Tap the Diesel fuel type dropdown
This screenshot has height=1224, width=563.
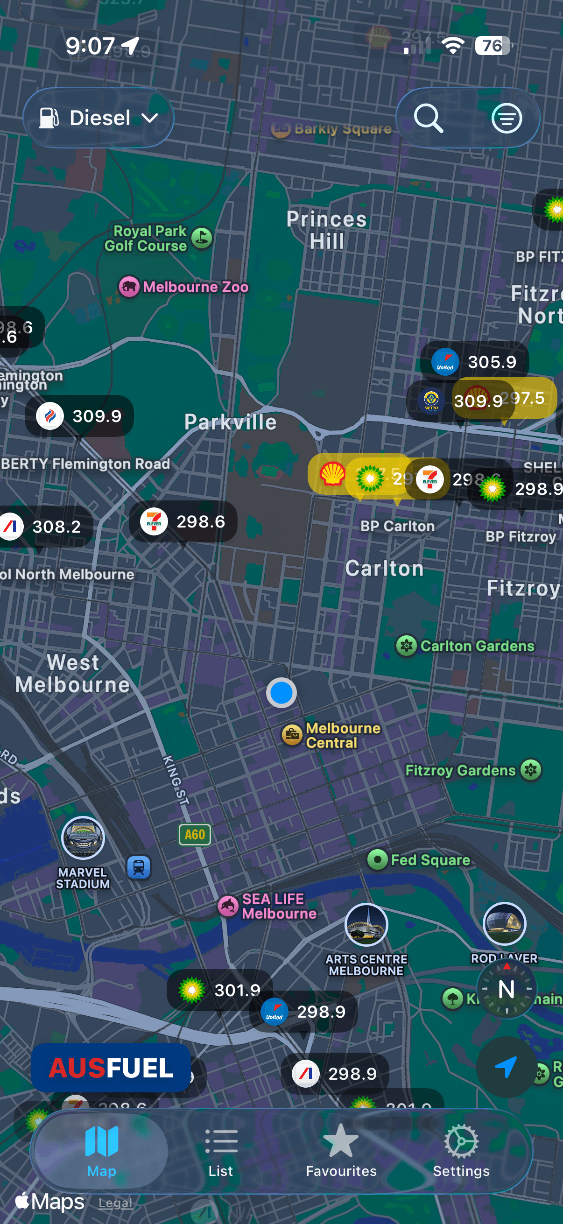(x=99, y=118)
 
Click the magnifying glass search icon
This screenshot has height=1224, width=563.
(x=429, y=118)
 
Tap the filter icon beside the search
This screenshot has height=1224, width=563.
(x=507, y=118)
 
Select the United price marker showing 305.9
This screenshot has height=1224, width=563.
(x=474, y=362)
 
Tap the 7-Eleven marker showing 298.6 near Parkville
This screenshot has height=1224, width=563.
(x=183, y=522)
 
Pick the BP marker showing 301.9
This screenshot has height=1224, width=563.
(x=219, y=990)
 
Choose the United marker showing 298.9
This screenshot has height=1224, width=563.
(x=303, y=1012)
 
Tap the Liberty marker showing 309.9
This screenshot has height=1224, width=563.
(x=79, y=416)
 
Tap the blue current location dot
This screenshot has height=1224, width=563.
(x=281, y=693)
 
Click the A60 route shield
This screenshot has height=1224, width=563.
(x=195, y=834)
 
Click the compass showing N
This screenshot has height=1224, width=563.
(x=507, y=989)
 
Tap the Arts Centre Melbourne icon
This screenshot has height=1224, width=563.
(x=366, y=925)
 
